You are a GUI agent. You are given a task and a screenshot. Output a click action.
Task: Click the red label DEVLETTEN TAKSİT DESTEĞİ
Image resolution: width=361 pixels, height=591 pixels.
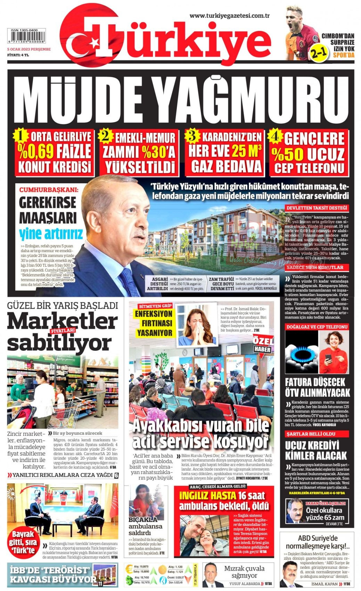pyautogui.click(x=317, y=208)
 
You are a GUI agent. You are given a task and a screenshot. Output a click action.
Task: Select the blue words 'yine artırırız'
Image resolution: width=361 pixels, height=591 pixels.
pyautogui.click(x=51, y=232)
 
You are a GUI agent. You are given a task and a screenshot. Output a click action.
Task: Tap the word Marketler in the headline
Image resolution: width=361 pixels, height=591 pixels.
pyautogui.click(x=63, y=321)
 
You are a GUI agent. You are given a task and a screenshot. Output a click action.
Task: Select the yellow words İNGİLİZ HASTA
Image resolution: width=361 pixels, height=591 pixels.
pyautogui.click(x=208, y=495)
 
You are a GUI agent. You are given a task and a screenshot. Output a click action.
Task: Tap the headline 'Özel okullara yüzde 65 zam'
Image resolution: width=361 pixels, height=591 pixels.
pyautogui.click(x=323, y=514)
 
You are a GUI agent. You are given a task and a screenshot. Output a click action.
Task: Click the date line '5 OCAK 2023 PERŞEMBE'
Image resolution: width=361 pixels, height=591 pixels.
pyautogui.click(x=29, y=49)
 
